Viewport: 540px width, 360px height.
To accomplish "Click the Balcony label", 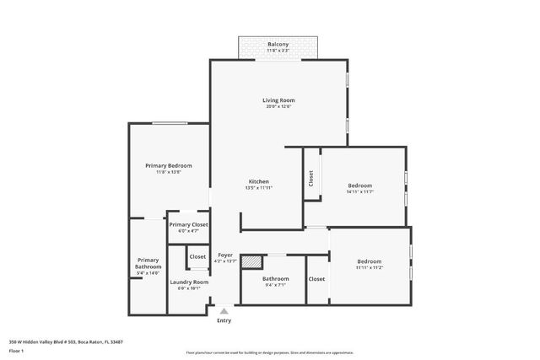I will (278, 44).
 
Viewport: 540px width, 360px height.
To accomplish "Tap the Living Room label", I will (278, 100).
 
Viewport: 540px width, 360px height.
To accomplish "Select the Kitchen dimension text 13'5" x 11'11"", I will (259, 188).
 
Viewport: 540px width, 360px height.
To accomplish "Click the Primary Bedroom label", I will (168, 166).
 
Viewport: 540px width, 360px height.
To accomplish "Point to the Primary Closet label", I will (188, 225).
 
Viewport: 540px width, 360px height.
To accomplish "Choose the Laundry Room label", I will (188, 282).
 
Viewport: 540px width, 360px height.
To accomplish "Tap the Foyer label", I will (225, 255).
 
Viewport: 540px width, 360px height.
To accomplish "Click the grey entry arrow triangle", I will (224, 311).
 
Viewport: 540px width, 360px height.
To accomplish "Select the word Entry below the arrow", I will (224, 320).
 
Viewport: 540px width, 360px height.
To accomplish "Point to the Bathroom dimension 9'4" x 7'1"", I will (275, 286).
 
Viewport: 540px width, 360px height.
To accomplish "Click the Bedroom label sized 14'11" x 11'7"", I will (360, 185).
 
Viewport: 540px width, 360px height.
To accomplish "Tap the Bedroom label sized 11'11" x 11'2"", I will (369, 261).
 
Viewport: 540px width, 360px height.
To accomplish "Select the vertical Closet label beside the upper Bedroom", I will (311, 178).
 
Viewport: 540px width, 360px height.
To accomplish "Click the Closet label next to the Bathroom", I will (316, 279).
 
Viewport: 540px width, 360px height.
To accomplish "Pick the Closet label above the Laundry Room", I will (197, 256).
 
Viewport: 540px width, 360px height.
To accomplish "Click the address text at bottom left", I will (66, 341).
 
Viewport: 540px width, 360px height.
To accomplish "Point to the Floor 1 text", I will (16, 350).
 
